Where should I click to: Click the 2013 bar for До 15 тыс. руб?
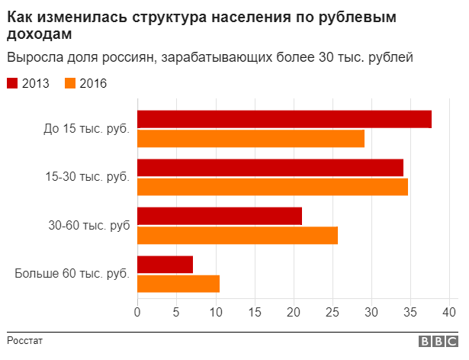tap(284, 120)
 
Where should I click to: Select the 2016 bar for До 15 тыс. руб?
tap(251, 139)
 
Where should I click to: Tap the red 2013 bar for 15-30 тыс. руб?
tap(270, 168)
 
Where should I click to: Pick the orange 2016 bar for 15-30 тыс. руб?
tap(272, 187)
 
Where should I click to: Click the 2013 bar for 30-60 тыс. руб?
tap(220, 216)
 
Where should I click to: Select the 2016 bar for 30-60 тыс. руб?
tap(237, 235)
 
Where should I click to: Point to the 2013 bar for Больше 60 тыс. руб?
tap(165, 264)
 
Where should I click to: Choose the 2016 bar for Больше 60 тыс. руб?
tap(178, 283)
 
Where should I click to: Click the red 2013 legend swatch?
tap(13, 84)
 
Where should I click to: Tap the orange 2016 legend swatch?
tap(71, 84)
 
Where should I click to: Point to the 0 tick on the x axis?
tap(137, 312)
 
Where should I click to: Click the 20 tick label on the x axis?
tap(294, 312)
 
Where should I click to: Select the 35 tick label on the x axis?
tap(410, 312)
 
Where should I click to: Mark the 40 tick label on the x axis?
tap(449, 312)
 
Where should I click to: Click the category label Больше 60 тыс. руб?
tap(72, 273)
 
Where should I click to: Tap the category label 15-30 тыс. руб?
tap(88, 177)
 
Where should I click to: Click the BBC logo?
tap(436, 342)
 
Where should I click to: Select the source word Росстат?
tap(25, 340)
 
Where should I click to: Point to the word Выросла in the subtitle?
tap(30, 57)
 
